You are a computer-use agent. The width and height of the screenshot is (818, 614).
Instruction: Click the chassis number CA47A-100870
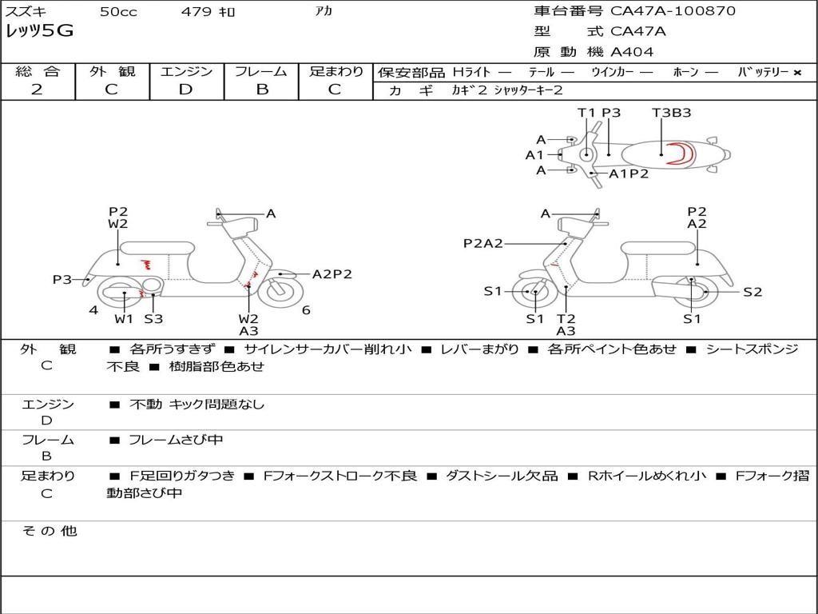673,10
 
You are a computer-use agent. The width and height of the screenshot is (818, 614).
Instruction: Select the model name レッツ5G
39,31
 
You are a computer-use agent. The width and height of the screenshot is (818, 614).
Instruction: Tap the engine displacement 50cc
118,11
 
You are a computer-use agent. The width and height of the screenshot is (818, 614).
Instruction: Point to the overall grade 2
37,90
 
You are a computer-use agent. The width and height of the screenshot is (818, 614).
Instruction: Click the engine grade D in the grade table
186,90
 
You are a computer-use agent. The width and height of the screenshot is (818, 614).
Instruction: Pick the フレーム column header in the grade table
261,71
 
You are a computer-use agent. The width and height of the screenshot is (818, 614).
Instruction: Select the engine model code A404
632,52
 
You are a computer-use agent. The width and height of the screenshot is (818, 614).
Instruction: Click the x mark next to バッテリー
797,73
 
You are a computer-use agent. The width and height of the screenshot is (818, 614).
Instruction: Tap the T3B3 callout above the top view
671,112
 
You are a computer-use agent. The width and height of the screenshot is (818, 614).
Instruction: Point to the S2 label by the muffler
752,292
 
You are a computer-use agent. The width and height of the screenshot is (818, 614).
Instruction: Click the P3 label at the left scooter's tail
62,279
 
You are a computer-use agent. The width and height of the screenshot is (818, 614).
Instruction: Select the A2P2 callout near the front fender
332,274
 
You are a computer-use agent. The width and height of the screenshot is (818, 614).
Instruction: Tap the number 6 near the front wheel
306,310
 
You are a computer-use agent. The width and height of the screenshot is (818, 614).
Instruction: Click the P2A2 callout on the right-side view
483,243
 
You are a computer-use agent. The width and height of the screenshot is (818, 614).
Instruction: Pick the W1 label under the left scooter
124,318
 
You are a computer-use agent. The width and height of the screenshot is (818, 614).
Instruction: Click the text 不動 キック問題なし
197,404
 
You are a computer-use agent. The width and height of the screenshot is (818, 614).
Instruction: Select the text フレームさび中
176,440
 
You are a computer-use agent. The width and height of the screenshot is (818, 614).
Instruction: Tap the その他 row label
50,531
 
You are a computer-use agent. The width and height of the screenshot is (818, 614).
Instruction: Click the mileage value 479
197,11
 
